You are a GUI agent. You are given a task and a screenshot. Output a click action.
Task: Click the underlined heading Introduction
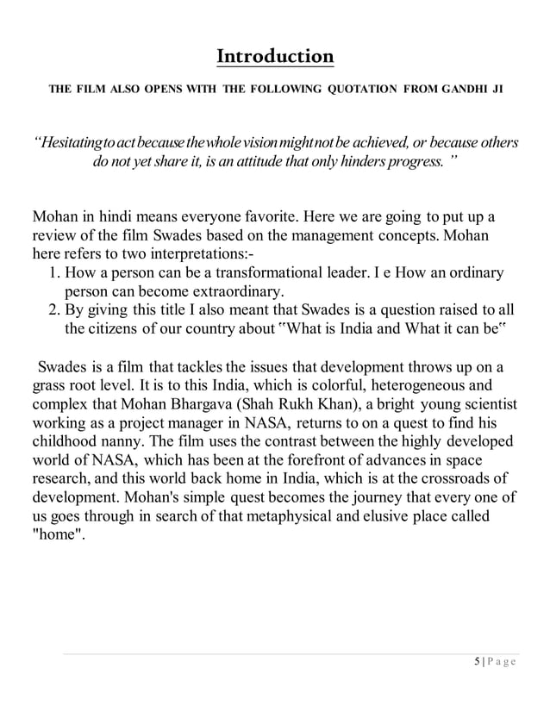pos(275,57)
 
